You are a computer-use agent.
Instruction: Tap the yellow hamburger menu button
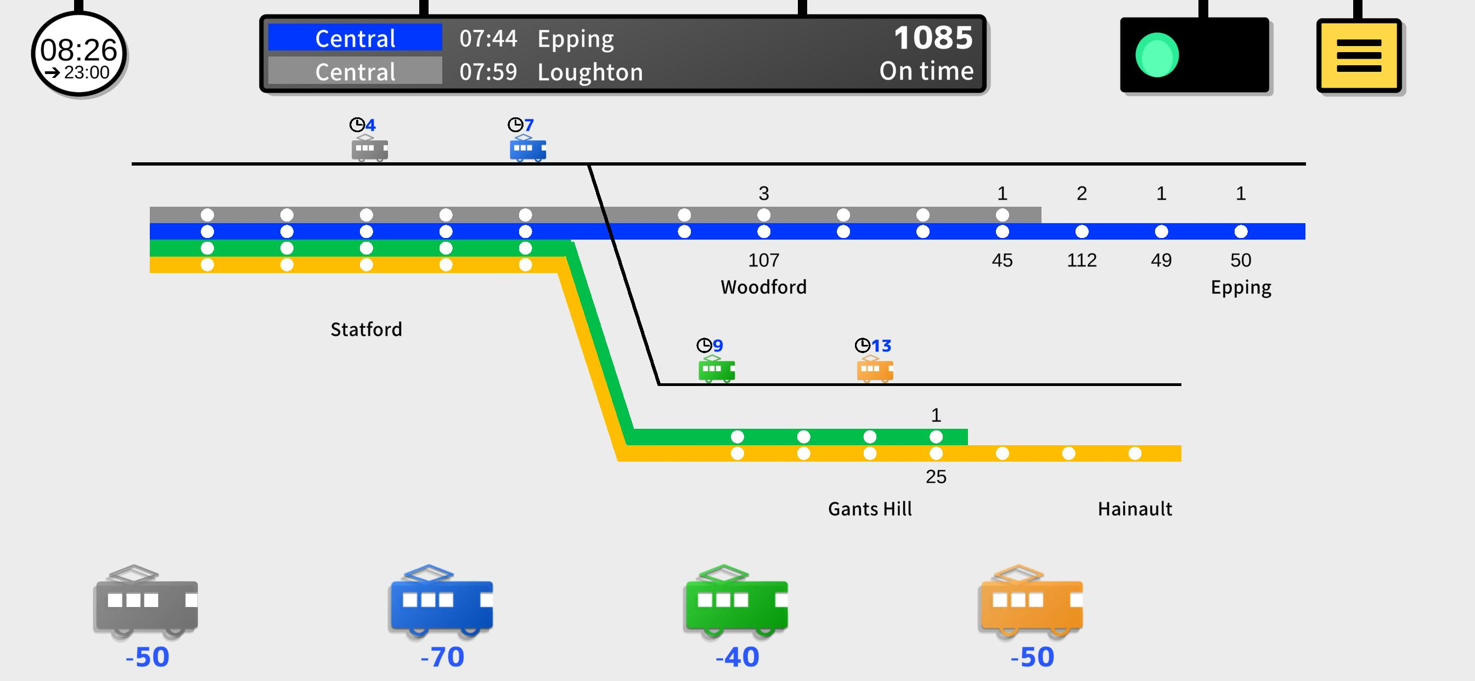(1359, 55)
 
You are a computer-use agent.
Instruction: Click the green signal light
(1157, 55)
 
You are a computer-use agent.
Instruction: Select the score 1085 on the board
(933, 38)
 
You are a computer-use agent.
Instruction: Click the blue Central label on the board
(355, 38)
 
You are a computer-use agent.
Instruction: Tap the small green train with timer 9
(716, 369)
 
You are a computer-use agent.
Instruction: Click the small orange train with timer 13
(874, 369)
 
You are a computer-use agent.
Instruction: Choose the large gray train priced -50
(146, 601)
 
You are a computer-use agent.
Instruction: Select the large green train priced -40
(736, 601)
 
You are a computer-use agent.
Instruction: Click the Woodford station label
(763, 287)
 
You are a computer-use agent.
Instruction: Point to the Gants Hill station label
(870, 509)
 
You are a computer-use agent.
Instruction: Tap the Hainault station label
(1134, 509)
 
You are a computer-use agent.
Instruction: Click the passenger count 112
(1082, 260)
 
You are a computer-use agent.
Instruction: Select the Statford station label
(366, 329)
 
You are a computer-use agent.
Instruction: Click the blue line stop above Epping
(1241, 232)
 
